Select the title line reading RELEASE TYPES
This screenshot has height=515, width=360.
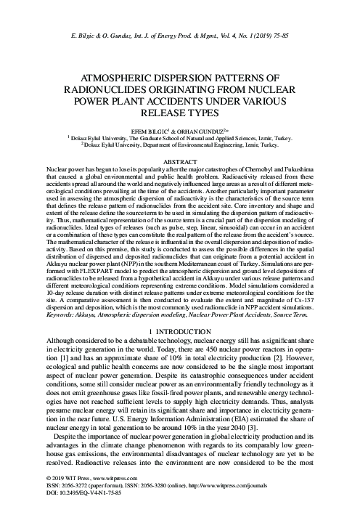click(x=180, y=114)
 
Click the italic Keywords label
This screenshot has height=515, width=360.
click(x=62, y=314)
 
